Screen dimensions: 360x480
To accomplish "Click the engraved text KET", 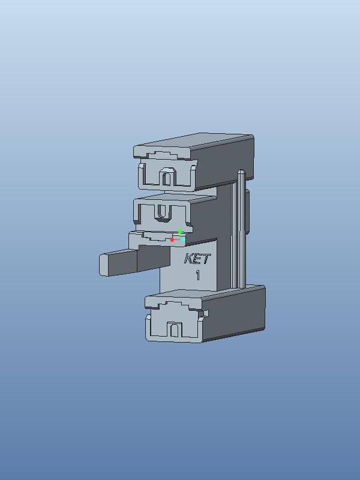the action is (197, 259).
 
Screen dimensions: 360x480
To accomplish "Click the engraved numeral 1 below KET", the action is (198, 275).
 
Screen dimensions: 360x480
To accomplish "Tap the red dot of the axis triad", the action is (172, 239).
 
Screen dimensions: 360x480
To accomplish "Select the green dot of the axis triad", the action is (180, 231).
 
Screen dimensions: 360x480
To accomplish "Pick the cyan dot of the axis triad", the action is (183, 239).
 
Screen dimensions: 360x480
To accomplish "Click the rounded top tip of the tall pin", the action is (242, 172).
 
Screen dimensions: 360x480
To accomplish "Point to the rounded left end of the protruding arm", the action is (102, 265).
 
